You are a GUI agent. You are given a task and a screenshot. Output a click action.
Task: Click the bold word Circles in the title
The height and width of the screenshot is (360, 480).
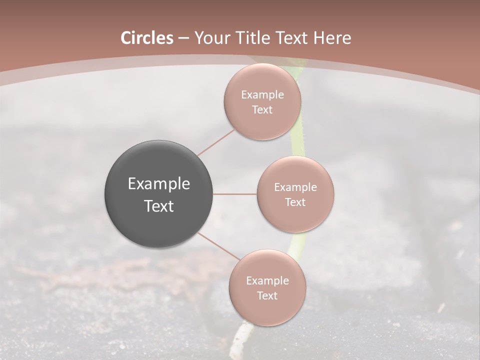(146, 38)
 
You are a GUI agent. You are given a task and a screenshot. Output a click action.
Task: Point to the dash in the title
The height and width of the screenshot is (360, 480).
(183, 38)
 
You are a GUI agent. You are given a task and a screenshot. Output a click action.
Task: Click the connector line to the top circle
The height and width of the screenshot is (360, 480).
(216, 142)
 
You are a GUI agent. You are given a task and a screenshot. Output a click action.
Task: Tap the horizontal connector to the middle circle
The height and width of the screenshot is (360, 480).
(235, 194)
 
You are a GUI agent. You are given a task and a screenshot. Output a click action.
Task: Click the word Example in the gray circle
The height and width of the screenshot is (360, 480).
(159, 184)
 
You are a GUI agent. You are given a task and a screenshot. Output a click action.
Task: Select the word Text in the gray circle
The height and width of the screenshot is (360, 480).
(159, 206)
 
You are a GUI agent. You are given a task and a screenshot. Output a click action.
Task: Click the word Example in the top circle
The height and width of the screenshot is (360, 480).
(262, 95)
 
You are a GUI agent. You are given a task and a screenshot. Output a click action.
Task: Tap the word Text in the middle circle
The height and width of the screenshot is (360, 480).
(295, 202)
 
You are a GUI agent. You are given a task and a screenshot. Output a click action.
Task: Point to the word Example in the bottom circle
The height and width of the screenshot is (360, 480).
(267, 281)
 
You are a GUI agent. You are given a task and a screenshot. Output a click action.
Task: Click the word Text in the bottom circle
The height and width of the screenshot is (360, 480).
(267, 295)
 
